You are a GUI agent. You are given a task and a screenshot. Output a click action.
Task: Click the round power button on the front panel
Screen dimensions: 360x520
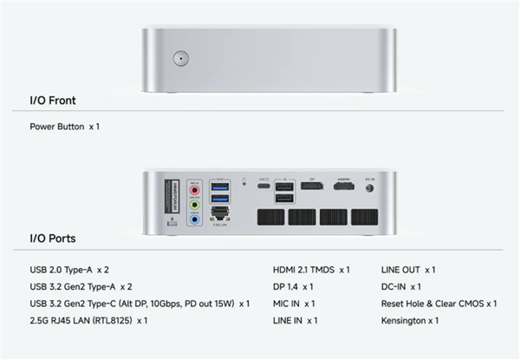[180, 59]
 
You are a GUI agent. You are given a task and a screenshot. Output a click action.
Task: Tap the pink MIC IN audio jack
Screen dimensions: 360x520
[195, 188]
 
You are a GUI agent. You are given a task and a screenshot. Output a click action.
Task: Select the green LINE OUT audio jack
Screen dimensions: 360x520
[195, 204]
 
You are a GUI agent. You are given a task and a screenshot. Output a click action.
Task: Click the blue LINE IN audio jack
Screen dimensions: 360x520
[195, 219]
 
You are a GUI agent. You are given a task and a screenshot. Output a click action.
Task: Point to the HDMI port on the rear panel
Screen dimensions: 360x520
[344, 187]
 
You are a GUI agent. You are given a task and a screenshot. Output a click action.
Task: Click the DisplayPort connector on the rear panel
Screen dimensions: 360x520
[312, 187]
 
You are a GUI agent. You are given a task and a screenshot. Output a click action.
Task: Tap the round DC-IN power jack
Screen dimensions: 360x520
[370, 187]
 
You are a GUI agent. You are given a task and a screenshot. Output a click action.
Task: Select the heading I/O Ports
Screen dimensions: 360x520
[52, 239]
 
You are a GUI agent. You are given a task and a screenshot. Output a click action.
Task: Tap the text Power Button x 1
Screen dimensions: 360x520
[65, 127]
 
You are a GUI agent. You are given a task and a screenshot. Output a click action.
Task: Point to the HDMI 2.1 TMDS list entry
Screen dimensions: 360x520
[311, 270]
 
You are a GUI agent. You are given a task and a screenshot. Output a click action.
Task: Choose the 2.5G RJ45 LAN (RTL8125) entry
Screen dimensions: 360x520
[88, 321]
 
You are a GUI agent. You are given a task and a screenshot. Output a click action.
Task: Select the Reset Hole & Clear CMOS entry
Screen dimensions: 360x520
[439, 304]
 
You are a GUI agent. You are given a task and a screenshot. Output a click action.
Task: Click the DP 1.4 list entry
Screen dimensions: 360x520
[293, 286]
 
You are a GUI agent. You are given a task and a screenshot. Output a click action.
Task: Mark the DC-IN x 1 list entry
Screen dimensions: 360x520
[401, 286]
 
